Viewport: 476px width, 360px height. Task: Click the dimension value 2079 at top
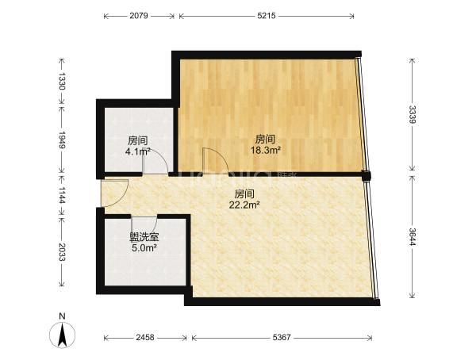[138, 16]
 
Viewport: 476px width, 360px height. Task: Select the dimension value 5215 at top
[267, 16]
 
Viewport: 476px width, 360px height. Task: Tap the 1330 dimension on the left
[62, 81]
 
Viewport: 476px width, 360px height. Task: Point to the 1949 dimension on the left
[62, 140]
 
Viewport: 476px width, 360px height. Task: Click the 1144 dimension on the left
[62, 196]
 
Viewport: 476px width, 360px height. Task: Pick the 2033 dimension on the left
[62, 252]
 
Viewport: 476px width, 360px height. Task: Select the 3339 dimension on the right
[412, 114]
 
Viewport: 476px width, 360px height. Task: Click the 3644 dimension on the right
[412, 237]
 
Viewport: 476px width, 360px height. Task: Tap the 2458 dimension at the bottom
[145, 337]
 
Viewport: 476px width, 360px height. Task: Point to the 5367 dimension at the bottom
[282, 337]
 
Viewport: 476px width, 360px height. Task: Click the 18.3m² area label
[265, 150]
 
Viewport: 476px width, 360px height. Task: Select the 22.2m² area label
[244, 205]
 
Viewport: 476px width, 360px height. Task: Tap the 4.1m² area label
[138, 151]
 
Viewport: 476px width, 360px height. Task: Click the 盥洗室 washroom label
[144, 237]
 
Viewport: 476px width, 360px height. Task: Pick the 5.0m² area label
[144, 248]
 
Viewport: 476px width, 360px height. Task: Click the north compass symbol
[62, 335]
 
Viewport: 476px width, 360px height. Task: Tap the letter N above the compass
[62, 316]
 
